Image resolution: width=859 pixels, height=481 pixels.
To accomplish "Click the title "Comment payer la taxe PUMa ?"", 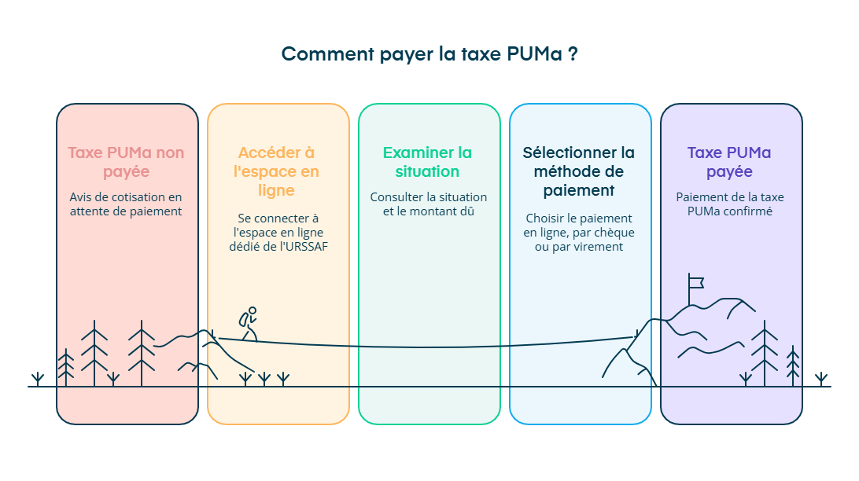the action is tap(429, 54).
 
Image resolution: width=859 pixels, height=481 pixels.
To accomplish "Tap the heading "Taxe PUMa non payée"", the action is tap(126, 162).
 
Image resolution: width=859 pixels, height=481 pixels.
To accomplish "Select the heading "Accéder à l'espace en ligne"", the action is tap(277, 171).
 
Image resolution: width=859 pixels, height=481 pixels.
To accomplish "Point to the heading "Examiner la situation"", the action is tap(428, 162).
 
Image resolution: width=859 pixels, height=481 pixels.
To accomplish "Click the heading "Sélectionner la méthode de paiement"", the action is tap(579, 171).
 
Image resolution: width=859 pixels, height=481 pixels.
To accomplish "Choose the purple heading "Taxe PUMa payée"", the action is tap(729, 162).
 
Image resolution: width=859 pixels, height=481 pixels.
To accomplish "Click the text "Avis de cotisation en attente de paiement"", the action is tap(126, 204).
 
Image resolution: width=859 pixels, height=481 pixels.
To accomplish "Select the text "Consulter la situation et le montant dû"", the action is tap(429, 204).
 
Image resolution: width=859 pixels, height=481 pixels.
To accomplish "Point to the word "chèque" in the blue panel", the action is tap(615, 233).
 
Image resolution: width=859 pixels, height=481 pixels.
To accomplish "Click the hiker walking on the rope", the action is tap(249, 323).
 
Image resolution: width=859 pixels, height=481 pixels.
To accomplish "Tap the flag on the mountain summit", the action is tap(695, 281).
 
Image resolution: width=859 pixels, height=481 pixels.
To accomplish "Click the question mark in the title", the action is tap(573, 54).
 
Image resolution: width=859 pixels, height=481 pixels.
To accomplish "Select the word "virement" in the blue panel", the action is tap(599, 247).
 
